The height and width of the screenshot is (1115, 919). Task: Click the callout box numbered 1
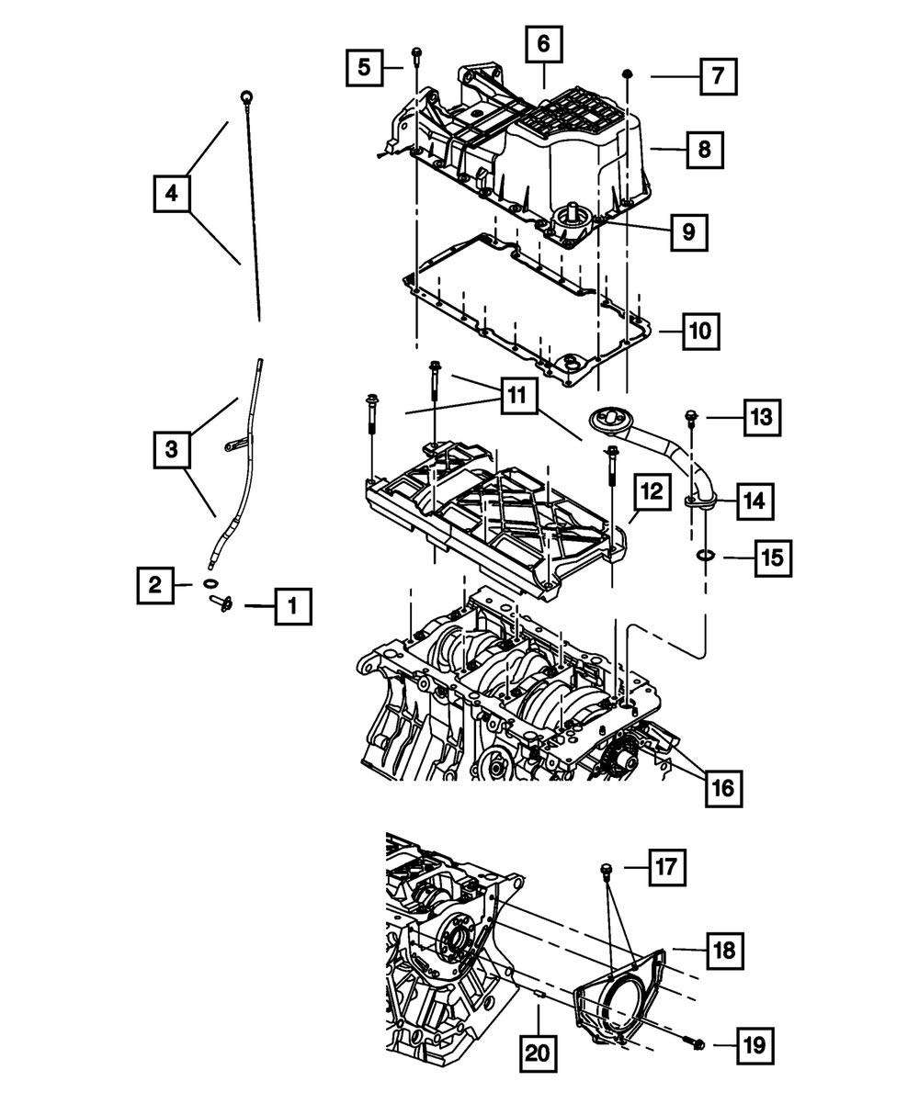[292, 605]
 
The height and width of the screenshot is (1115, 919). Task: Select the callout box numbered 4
[172, 194]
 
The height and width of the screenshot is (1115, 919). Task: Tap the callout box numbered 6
[543, 43]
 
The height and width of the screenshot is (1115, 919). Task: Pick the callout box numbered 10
[700, 330]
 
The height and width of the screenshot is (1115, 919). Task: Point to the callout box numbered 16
[723, 787]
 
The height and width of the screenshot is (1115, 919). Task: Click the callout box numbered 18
[724, 949]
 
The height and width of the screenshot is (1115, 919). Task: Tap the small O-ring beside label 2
[210, 584]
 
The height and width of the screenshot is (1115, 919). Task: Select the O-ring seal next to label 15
[705, 555]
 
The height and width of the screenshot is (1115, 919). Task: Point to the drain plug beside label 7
[628, 73]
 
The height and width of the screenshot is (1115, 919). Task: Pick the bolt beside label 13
[690, 420]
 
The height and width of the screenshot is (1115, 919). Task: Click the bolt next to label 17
[607, 868]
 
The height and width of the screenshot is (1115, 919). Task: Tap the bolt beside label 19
[698, 1042]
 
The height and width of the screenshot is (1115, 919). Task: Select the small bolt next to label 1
[221, 603]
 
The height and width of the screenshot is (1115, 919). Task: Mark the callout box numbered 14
[754, 501]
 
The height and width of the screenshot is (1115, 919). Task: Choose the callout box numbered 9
[688, 232]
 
